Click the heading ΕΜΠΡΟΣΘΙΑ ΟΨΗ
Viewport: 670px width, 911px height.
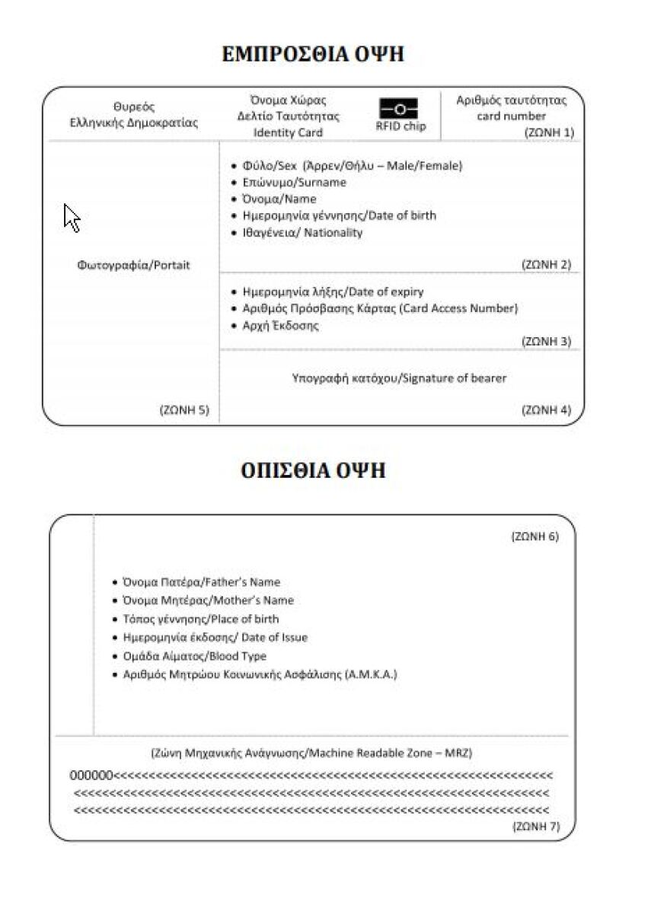[x=312, y=55]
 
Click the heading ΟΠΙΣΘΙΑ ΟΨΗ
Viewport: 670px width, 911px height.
[x=313, y=471]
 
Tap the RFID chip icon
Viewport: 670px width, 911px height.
[x=400, y=109]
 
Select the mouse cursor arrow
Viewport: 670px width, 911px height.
[x=72, y=218]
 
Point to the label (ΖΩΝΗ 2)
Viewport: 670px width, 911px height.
[x=546, y=265]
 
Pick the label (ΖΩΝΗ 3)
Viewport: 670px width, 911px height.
[x=546, y=342]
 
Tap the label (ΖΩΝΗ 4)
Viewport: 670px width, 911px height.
[x=546, y=410]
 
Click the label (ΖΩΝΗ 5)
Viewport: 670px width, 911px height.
[x=183, y=410]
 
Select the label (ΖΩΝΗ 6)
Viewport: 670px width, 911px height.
[x=534, y=537]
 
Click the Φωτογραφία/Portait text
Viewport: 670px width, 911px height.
[x=133, y=266]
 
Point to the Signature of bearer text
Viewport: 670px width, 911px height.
[x=399, y=378]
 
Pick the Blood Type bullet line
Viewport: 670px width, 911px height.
[x=194, y=656]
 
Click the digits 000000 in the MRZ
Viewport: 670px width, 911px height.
[x=91, y=776]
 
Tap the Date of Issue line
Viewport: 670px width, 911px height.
[x=215, y=638]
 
